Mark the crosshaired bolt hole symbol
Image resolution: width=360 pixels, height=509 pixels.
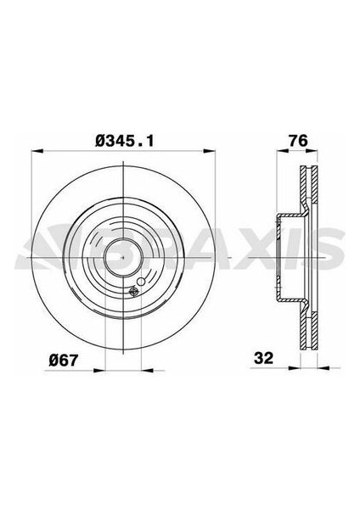(132, 294)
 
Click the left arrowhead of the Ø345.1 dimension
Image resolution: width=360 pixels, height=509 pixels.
(35, 154)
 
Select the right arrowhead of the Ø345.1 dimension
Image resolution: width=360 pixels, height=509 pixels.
(214, 154)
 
